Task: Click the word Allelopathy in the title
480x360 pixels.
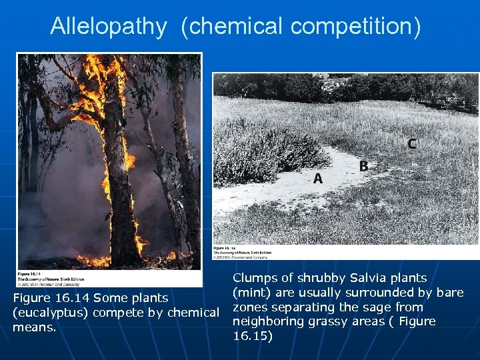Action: click(108, 27)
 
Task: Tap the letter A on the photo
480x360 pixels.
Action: click(318, 178)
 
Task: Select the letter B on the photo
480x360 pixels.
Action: click(363, 166)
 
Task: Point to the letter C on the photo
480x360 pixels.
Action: click(412, 143)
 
